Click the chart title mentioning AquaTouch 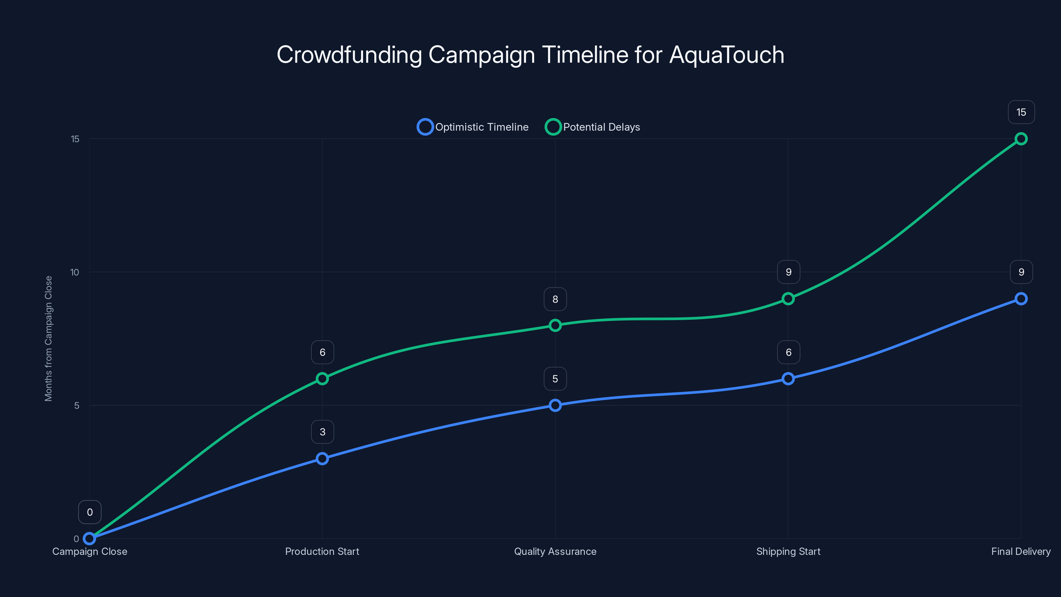tap(530, 55)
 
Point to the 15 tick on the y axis tap(75, 139)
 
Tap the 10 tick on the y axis tap(75, 272)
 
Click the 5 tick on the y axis tap(77, 405)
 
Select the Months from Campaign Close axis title tap(49, 338)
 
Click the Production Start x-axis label tap(322, 551)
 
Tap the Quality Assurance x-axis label tap(555, 551)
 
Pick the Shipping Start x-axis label tap(788, 551)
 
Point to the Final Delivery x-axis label tap(1021, 551)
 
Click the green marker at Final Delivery tap(1021, 139)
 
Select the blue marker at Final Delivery tap(1021, 299)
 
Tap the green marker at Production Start tap(322, 379)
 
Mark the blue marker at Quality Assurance tap(555, 405)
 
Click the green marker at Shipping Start tap(788, 299)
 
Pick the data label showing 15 tap(1021, 112)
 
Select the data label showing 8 tap(555, 299)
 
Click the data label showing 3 tap(322, 432)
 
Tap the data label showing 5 tap(555, 379)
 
